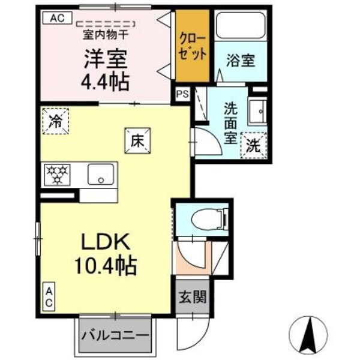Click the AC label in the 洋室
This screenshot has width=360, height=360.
point(56,17)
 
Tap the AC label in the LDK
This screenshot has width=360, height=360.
point(49,296)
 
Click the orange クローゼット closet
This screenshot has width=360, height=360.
point(193,46)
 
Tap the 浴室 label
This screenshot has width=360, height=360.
point(241,60)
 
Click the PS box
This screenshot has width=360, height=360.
point(182,94)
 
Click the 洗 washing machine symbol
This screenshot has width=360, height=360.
point(253,145)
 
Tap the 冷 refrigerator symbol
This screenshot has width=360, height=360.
point(55,120)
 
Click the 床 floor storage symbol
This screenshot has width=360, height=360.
point(136,140)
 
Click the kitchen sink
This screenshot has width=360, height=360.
point(100,175)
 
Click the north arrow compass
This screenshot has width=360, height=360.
point(311,333)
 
